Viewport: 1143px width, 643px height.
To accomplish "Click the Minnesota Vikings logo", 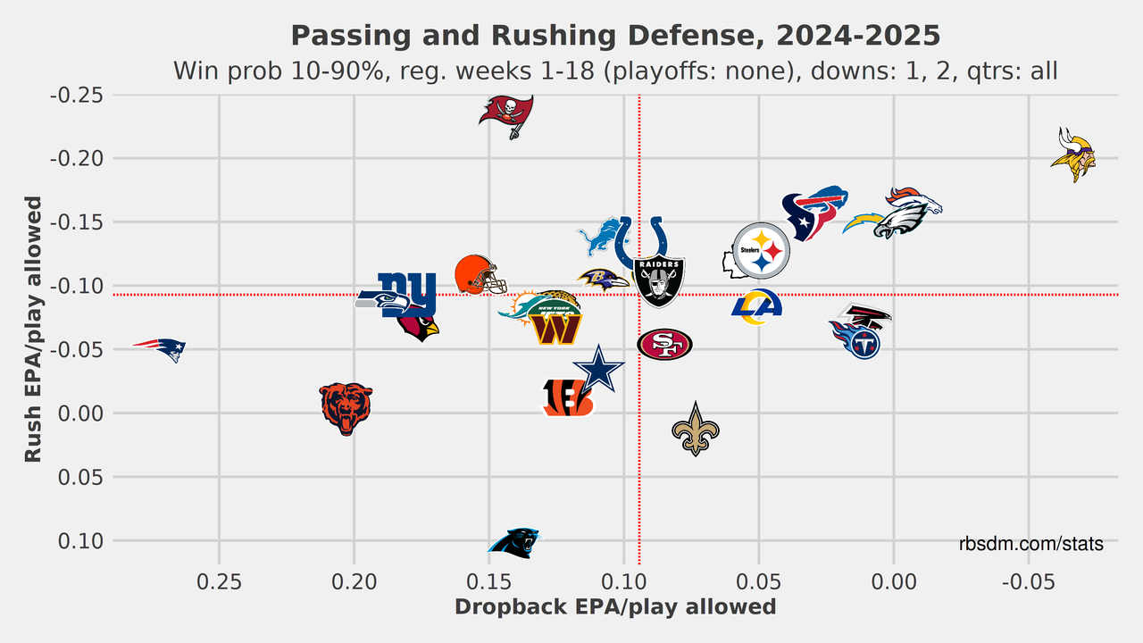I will tap(1072, 155).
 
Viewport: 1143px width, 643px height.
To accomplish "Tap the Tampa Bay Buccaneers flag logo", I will tap(507, 115).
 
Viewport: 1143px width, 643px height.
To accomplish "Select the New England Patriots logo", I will tap(161, 348).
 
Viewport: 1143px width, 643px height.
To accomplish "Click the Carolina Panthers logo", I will tap(514, 542).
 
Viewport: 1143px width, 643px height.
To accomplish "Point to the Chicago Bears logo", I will tap(346, 407).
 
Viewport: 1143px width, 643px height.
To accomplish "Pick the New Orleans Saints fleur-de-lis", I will tap(695, 429).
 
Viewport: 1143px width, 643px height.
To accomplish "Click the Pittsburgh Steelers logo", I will tap(761, 251).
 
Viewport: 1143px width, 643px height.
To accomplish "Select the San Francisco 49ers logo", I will tap(664, 345).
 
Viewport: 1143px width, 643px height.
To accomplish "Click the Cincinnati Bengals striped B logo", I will tap(566, 398).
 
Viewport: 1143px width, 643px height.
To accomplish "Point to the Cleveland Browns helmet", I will tap(479, 275).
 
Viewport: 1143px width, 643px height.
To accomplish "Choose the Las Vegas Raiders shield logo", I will tap(659, 280).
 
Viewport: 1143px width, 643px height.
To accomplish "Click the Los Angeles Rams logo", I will tap(756, 307).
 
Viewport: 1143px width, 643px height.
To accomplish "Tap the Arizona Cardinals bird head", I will tap(419, 327).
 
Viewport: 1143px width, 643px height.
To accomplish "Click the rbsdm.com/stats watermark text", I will tap(1031, 544).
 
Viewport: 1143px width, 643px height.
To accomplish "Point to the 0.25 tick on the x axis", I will tap(220, 580).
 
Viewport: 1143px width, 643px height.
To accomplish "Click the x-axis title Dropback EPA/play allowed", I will tap(615, 607).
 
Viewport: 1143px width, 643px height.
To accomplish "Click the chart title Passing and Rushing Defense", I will tap(615, 36).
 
